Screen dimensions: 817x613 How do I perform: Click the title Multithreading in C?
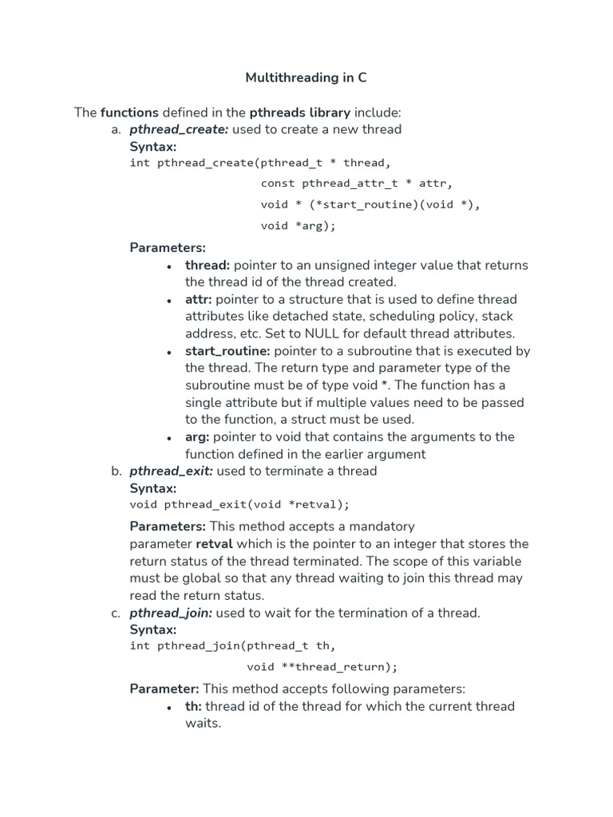[306, 77]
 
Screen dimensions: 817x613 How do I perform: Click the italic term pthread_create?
[179, 129]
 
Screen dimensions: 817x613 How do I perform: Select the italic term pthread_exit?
[171, 471]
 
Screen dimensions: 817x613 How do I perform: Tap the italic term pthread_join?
[171, 613]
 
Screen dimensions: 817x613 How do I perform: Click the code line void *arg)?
[298, 226]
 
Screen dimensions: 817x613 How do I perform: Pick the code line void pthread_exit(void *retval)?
[239, 504]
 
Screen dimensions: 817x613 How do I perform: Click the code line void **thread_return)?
[322, 666]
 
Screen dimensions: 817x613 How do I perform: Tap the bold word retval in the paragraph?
[215, 544]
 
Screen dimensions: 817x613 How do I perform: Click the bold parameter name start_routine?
[227, 351]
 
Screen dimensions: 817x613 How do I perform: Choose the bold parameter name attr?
[199, 299]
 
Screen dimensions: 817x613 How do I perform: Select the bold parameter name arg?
[197, 436]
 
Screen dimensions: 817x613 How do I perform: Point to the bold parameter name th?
[192, 706]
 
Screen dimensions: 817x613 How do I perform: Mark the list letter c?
[117, 613]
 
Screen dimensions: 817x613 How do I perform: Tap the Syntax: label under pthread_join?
[153, 630]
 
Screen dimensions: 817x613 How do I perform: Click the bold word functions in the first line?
[129, 112]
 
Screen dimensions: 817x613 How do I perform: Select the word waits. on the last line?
[203, 724]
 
